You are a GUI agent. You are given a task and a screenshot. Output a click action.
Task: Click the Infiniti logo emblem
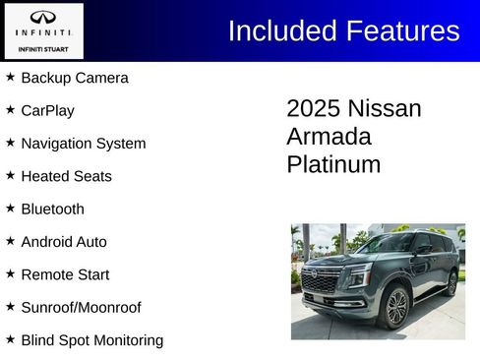42,18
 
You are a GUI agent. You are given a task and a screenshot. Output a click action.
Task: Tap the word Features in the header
401,30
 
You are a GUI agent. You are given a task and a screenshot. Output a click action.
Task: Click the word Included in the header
281,30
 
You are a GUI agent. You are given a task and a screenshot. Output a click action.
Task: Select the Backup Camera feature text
74,78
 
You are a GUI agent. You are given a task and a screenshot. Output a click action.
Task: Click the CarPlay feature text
47,110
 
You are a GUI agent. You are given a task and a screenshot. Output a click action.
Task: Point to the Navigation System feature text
83,144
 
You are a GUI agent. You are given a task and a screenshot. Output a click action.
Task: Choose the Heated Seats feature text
66,176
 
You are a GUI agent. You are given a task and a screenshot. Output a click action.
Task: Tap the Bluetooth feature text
52,209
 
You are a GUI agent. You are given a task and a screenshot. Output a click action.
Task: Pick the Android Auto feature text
64,242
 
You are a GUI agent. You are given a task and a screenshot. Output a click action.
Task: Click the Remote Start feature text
65,274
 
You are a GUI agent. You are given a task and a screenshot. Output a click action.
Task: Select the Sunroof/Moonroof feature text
81,308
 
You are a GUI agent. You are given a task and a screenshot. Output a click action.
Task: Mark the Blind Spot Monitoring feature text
91,340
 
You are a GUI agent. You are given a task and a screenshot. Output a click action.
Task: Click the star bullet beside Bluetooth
10,208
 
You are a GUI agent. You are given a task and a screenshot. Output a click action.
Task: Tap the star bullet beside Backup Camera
10,77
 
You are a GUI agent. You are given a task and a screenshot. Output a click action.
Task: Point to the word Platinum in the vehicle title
333,164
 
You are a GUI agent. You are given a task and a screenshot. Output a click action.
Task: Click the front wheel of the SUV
396,307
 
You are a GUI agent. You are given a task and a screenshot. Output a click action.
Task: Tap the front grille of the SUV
321,282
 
